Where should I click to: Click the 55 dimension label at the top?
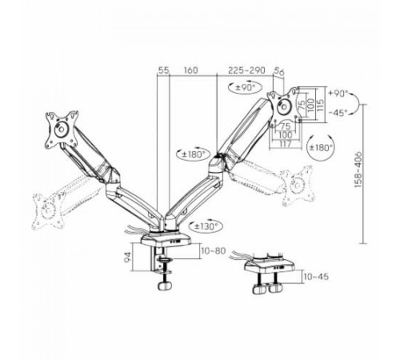point(164,70)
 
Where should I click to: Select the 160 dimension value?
point(191,70)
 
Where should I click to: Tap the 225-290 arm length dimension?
point(246,70)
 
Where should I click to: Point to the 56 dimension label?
point(279,71)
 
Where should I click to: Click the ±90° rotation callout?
point(245,87)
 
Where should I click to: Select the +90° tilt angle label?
point(338,94)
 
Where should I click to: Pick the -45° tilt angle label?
point(338,113)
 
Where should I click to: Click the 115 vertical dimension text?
point(321,105)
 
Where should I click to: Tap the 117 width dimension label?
point(285,144)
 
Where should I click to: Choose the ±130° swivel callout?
point(205,226)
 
